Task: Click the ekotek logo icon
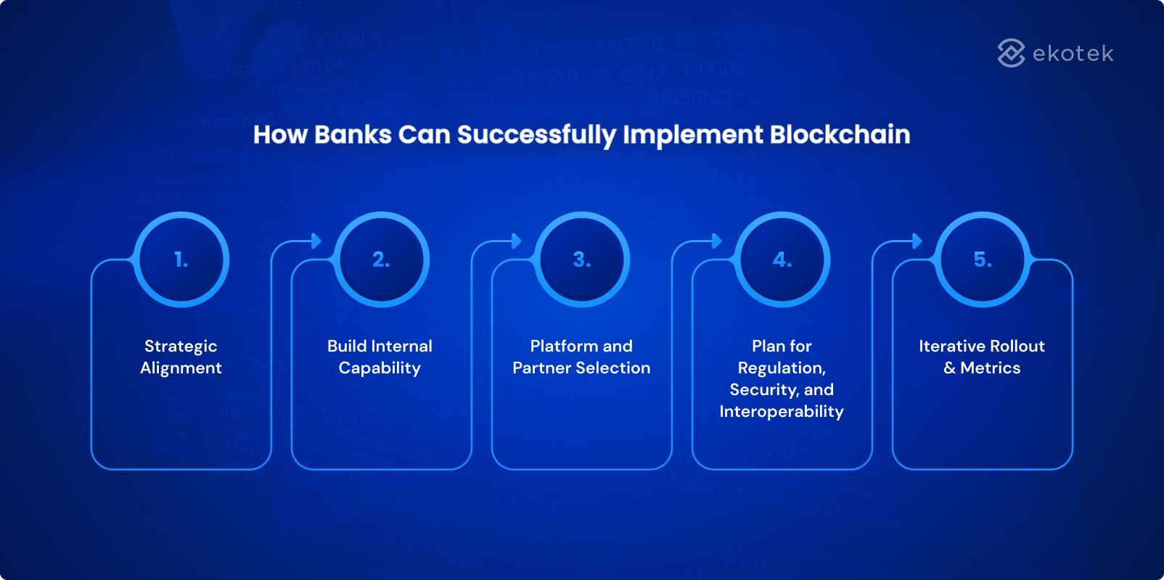point(1011,53)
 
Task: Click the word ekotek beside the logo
point(1073,54)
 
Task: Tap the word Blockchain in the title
point(840,135)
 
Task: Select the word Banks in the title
point(353,135)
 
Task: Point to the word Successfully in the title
point(536,135)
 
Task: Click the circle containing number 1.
point(181,260)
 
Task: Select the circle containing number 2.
point(382,260)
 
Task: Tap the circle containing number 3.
point(582,260)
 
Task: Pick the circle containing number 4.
point(782,260)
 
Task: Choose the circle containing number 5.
point(983,260)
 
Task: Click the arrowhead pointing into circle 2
point(316,241)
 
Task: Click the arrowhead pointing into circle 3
point(516,241)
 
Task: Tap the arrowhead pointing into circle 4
point(716,241)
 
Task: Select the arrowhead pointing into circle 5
point(917,241)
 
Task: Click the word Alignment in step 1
point(181,368)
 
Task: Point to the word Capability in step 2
point(380,368)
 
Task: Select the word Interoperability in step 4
point(782,412)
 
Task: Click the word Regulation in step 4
point(781,368)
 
